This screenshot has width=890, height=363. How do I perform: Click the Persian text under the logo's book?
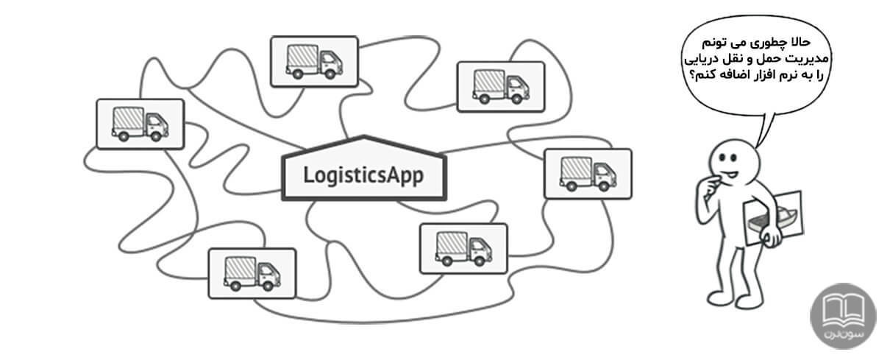click(x=843, y=332)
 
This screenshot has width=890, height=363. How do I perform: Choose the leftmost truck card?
click(x=140, y=123)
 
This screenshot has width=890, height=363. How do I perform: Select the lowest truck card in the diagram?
click(x=252, y=273)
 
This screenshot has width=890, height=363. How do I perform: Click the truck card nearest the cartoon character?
click(x=587, y=174)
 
